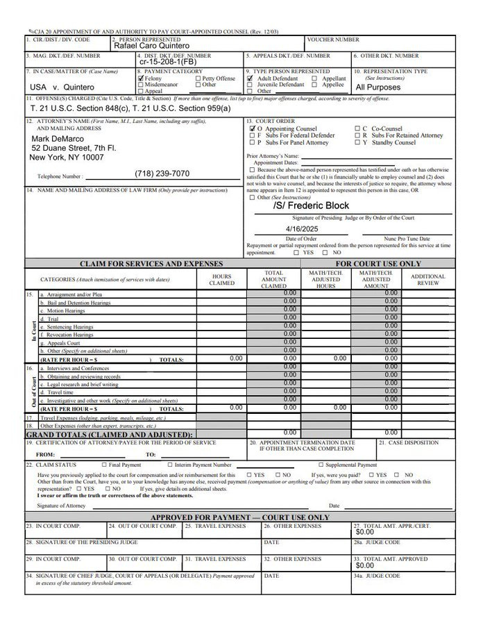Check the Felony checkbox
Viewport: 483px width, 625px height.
141,78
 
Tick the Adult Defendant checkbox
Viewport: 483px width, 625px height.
251,78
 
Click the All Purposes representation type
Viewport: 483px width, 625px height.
378,87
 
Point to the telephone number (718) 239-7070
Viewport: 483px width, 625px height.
162,174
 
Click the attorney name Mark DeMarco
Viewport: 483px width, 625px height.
58,139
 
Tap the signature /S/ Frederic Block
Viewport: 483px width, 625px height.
311,206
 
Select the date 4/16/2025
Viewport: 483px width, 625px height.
300,228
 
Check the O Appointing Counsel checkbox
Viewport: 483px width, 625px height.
253,128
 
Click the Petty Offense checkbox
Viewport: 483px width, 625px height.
198,78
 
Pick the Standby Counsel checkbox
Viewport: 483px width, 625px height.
356,142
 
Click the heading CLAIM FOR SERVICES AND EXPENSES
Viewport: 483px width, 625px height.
151,264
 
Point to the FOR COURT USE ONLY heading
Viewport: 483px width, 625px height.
378,264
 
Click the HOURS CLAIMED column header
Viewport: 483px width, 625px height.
221,279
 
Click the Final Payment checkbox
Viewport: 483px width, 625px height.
104,465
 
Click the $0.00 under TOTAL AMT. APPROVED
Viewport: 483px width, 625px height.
364,565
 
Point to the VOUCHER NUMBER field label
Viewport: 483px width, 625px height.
333,40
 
